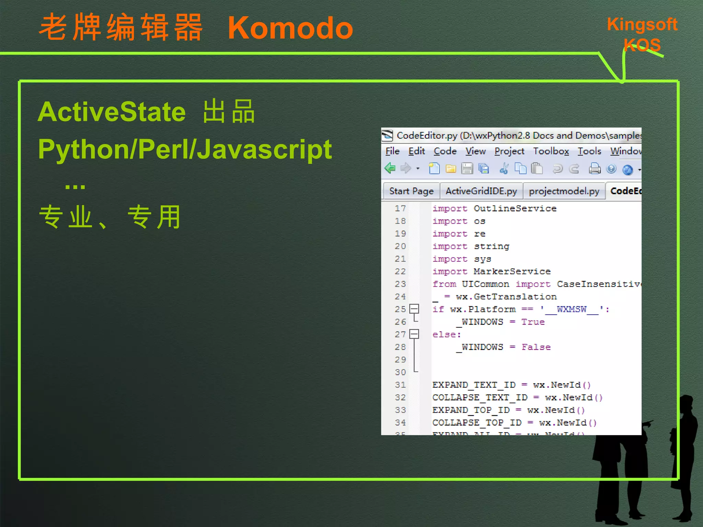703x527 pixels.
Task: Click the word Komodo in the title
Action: point(290,28)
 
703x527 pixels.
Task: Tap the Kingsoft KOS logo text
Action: point(642,34)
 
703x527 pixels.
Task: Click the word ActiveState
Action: point(112,112)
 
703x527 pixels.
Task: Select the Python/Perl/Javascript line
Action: point(185,149)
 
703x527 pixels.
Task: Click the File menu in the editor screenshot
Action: point(392,151)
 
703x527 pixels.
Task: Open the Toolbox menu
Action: point(551,151)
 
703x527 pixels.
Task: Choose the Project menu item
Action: point(509,151)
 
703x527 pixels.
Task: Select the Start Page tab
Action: point(411,191)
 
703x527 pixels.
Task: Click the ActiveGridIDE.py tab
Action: point(481,191)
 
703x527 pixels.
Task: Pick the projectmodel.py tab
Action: point(564,191)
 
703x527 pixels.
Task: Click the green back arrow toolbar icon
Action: point(390,168)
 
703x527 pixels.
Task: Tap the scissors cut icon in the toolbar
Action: point(504,168)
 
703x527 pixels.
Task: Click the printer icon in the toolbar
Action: point(595,169)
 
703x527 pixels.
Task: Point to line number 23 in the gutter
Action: point(400,284)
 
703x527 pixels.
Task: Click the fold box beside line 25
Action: point(415,309)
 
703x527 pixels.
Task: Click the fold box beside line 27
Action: point(415,334)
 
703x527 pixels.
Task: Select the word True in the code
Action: point(533,322)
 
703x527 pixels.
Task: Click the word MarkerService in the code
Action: point(512,271)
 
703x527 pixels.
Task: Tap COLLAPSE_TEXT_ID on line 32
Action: point(480,397)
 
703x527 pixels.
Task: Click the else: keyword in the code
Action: point(447,335)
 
